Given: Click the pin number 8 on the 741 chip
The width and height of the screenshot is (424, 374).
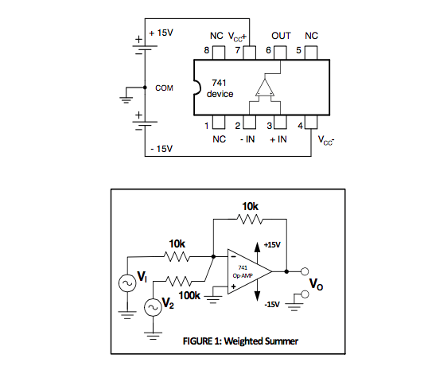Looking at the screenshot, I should tap(208, 50).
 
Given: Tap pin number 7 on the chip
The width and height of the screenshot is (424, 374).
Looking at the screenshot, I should tap(238, 50).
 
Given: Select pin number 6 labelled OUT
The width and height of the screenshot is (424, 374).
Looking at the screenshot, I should tap(269, 50).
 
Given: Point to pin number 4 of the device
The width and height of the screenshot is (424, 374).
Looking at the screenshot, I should tap(301, 126).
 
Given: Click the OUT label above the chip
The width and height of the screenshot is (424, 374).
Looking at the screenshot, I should tap(281, 36).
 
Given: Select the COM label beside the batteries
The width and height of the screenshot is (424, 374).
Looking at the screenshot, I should tap(164, 88).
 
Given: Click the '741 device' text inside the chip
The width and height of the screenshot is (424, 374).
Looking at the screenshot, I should tap(220, 88).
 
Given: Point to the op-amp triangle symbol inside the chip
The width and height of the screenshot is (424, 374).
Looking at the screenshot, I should tap(266, 89).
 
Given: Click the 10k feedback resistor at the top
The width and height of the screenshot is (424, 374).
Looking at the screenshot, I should tap(251, 220).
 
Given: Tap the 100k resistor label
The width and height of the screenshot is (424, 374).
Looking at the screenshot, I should tap(189, 295).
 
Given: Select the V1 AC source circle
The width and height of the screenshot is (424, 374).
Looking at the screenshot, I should tap(126, 282).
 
